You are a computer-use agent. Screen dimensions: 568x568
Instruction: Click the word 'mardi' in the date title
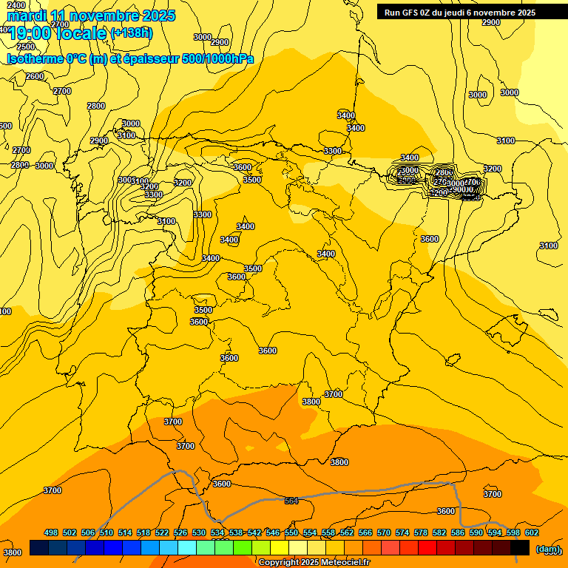[27, 16]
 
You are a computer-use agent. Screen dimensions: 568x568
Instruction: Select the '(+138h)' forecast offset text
[131, 33]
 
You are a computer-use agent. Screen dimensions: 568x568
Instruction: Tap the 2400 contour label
[15, 5]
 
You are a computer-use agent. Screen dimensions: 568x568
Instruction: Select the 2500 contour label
[25, 47]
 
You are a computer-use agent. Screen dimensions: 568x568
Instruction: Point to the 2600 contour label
[34, 76]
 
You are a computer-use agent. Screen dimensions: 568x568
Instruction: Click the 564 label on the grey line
[291, 501]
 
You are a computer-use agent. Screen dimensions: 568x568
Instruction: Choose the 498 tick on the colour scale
[51, 532]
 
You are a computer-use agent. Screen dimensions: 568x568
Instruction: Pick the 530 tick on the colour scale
[199, 532]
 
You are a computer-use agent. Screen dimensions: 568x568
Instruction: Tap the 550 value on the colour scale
[291, 532]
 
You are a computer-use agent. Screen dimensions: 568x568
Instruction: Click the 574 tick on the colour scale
[402, 532]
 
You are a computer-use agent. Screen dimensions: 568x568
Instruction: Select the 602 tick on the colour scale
[532, 532]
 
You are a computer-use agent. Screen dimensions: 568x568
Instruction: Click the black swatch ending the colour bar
[519, 547]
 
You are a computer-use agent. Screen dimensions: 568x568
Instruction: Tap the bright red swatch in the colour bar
[427, 547]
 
